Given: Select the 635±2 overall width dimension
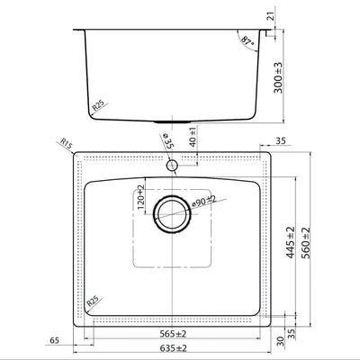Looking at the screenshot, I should [x=170, y=347].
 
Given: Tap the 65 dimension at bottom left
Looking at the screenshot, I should [x=56, y=340].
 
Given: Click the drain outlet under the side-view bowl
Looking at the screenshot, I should [x=171, y=121].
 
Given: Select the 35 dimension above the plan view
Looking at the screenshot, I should [x=280, y=141].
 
